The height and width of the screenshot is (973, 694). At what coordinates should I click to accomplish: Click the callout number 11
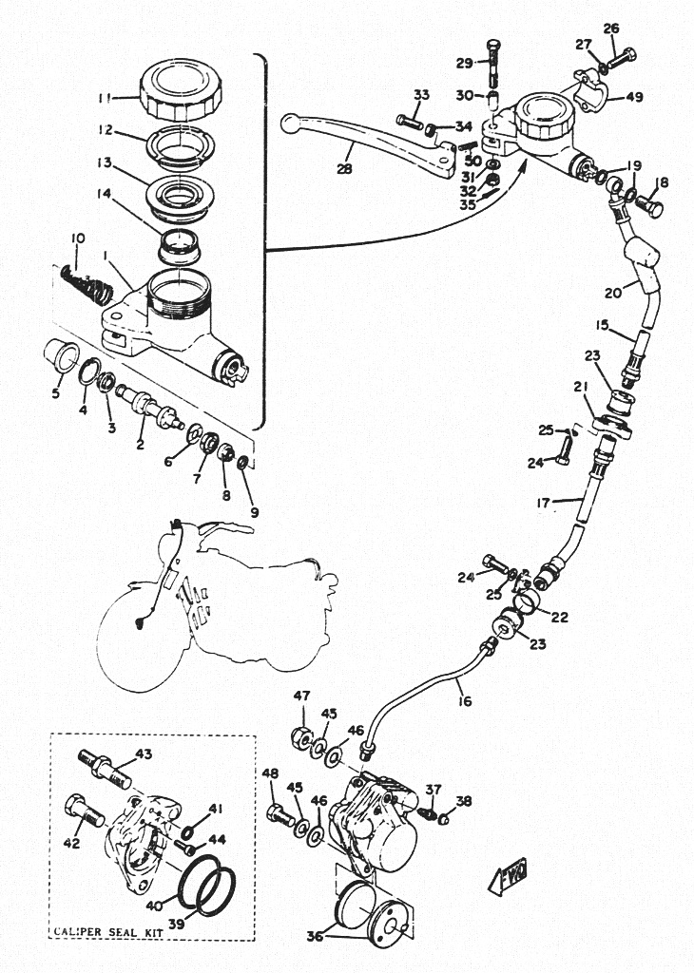pos(105,97)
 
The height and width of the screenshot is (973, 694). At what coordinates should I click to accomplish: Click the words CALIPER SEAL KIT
pos(106,932)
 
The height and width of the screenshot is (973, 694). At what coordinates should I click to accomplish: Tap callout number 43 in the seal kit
pos(144,754)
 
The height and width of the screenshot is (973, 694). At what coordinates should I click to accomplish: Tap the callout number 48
pos(270,774)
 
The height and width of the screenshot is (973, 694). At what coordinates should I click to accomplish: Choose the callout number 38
pos(464,801)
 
